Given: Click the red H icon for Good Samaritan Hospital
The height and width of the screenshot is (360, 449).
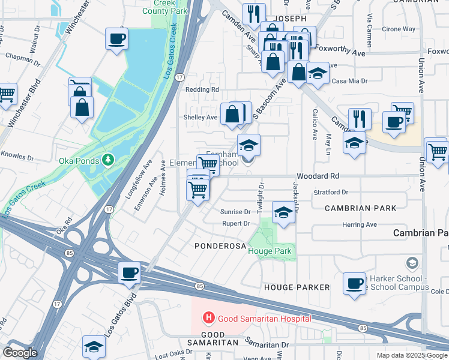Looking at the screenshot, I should [x=208, y=317].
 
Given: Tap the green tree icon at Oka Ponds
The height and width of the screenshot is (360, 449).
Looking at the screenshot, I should [x=107, y=160].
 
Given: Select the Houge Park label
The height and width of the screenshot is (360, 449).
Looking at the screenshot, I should [x=268, y=250].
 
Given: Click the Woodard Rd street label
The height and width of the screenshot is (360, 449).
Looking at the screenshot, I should [x=321, y=176].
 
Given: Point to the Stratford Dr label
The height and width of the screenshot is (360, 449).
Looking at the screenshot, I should [x=331, y=193].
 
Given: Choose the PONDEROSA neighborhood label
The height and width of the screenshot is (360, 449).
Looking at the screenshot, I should [x=220, y=246].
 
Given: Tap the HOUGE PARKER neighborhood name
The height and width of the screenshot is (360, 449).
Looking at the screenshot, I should [x=297, y=287].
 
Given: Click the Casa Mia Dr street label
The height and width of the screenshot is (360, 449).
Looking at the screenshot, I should [x=349, y=80].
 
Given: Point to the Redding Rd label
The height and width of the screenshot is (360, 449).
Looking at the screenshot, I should [x=202, y=89].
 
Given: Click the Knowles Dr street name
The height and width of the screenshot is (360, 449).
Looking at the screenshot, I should [x=14, y=154].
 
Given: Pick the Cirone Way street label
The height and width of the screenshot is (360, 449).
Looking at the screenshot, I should [x=399, y=29].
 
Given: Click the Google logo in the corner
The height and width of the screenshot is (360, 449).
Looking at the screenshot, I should [x=20, y=352].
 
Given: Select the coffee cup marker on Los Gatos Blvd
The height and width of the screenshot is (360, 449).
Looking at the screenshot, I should [x=129, y=273].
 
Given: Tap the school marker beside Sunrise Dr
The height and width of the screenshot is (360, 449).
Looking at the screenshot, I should [x=283, y=212].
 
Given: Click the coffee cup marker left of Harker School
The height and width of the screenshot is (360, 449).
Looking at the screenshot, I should [x=354, y=283].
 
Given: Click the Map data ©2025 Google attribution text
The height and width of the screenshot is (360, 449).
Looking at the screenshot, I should [x=411, y=355].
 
